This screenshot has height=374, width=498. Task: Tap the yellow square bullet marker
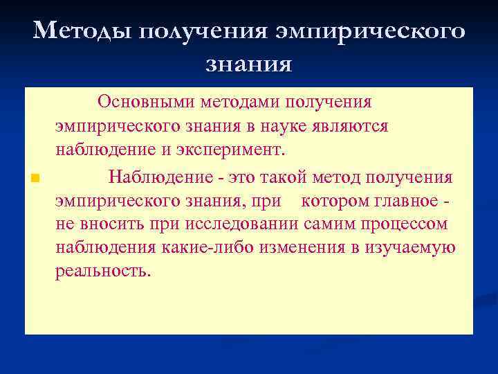[33, 178]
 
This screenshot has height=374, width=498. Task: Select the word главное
[404, 202]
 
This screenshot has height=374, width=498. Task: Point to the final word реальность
[102, 271]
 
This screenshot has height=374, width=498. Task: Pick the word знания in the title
[248, 64]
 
